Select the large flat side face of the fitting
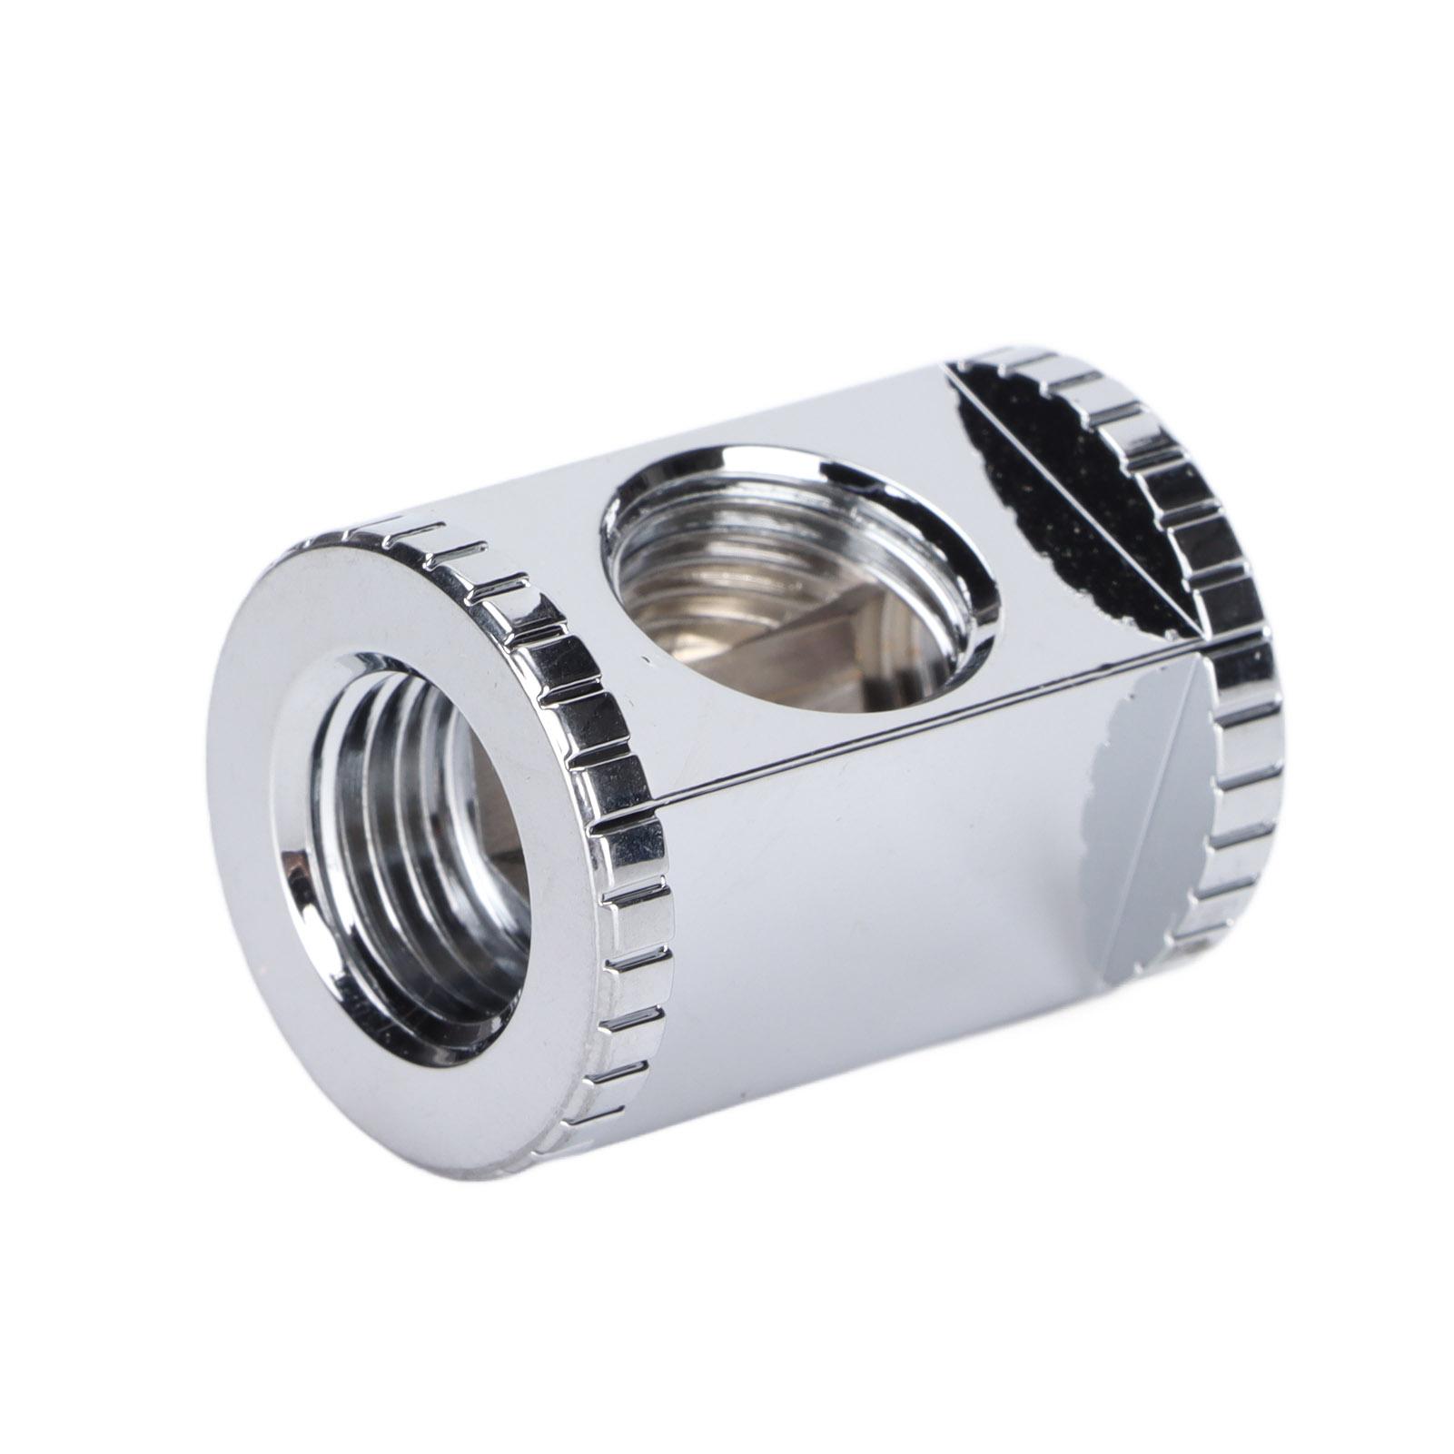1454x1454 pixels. tap(863, 908)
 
